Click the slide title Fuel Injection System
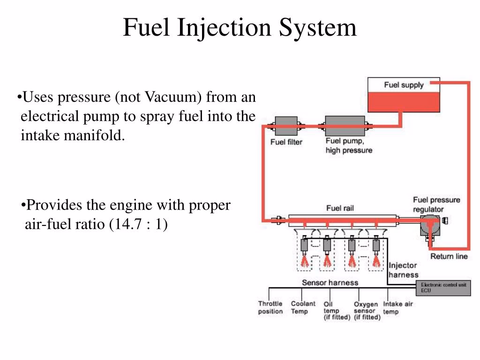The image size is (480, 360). pos(240,28)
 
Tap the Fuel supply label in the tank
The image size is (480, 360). pos(404,85)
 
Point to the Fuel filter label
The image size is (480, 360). pos(286,142)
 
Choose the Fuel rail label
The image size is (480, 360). pos(340,208)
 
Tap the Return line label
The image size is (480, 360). pos(449,256)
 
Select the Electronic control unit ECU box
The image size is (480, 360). pos(444,288)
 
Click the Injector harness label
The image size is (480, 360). pos(403,270)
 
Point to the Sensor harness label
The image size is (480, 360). pos(330,283)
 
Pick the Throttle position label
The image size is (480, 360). pos(270,307)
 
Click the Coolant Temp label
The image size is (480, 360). pos(303,307)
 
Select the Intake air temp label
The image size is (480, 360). pos(398,307)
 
